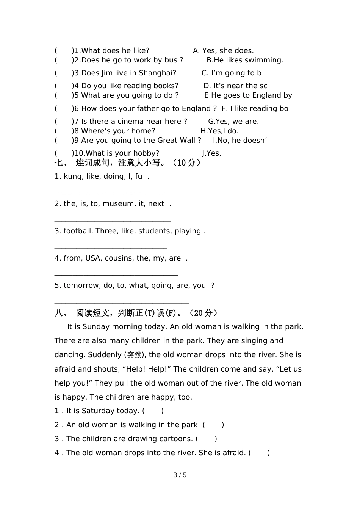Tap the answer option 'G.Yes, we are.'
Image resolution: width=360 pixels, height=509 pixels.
(233, 122)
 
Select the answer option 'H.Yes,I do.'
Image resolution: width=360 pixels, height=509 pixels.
(219, 131)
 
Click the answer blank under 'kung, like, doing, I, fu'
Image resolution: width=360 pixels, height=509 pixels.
(114, 193)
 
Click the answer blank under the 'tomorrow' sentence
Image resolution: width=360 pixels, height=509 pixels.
(121, 302)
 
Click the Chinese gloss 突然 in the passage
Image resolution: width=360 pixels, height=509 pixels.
(134, 355)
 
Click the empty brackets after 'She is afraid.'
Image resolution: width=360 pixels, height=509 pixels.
(259, 453)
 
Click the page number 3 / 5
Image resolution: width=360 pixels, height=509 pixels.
(180, 475)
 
